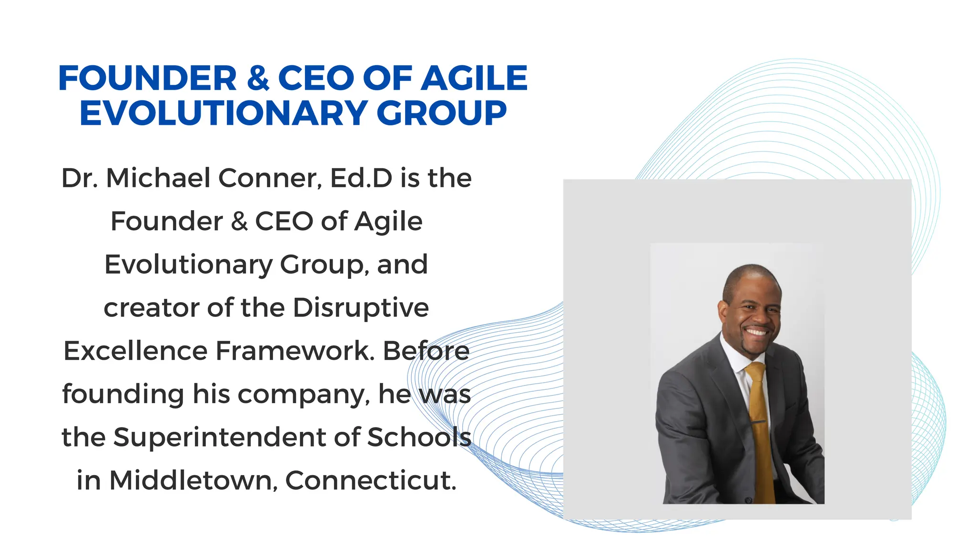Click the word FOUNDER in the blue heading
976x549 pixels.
(147, 78)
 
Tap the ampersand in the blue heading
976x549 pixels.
(258, 79)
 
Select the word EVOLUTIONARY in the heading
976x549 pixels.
(224, 113)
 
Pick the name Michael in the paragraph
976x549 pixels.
(158, 178)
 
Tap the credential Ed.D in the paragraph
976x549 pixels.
(361, 178)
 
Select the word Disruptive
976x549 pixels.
(361, 308)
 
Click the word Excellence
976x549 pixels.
(135, 351)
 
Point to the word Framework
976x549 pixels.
(295, 351)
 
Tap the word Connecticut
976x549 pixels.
(371, 480)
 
